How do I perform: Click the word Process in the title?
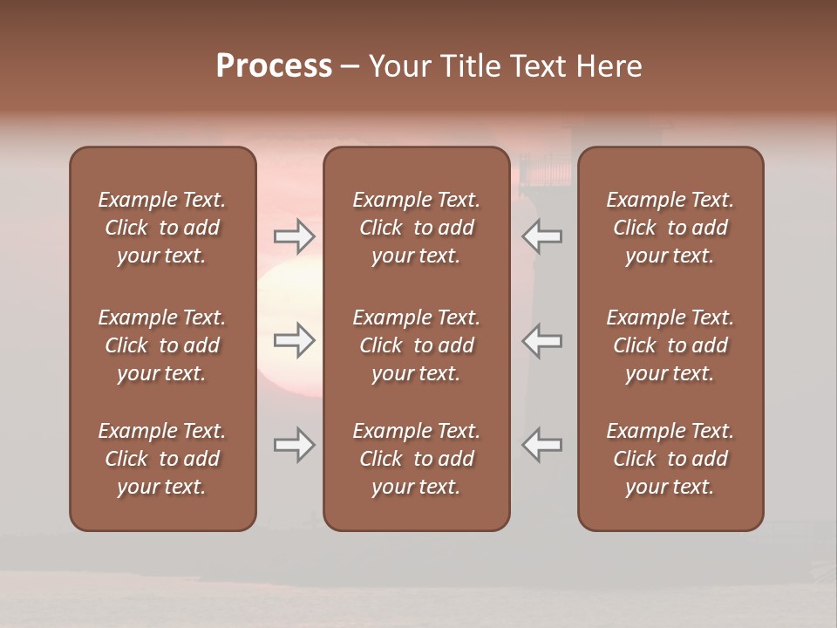[x=274, y=66]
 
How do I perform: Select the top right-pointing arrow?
[x=294, y=236]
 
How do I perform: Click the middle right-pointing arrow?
[x=294, y=340]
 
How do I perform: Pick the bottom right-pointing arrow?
[x=294, y=445]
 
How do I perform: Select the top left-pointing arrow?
[x=541, y=236]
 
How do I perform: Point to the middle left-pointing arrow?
[x=541, y=340]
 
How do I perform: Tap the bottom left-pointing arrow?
[x=541, y=445]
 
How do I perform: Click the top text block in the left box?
[x=162, y=228]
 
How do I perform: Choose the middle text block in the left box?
[x=162, y=345]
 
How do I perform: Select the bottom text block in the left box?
[x=162, y=459]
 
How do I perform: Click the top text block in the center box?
[x=416, y=228]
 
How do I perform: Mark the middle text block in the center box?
[x=416, y=345]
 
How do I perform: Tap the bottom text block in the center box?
[x=416, y=459]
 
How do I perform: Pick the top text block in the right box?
[x=670, y=228]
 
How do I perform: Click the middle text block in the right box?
[x=670, y=345]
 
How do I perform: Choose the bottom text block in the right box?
[x=670, y=459]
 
